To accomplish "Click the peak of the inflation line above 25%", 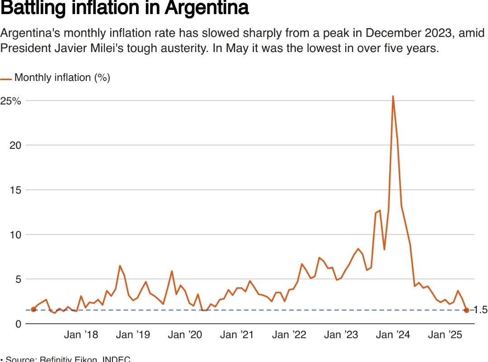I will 393,96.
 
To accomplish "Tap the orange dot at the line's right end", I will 466,310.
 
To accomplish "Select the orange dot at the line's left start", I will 33,310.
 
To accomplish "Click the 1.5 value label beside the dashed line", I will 481,310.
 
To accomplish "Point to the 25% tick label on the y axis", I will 11,101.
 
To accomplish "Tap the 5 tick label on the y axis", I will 19,279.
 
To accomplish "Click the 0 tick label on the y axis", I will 19,324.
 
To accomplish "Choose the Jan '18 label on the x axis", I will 81,335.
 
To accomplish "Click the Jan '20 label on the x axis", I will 185,335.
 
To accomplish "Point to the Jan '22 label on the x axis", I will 289,335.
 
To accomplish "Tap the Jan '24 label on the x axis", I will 393,335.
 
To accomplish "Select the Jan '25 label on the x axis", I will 445,335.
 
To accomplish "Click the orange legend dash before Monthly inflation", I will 6,79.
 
